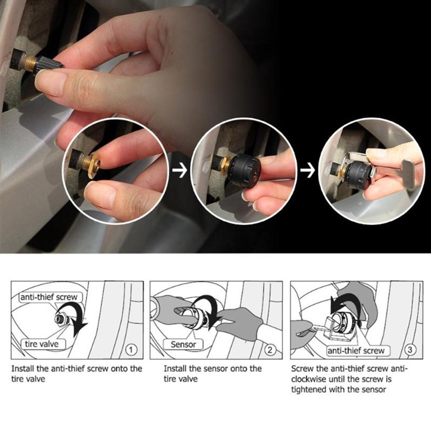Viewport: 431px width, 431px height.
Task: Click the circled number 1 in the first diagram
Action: pos(131,350)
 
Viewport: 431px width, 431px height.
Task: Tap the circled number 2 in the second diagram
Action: pos(270,350)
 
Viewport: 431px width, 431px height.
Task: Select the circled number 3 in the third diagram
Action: pos(410,350)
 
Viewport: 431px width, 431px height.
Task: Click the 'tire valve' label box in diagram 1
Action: pos(43,344)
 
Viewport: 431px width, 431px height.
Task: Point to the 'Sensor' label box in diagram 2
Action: pos(183,344)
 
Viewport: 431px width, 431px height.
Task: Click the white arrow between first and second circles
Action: pos(180,170)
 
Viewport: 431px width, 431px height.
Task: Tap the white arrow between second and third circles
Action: pos(307,170)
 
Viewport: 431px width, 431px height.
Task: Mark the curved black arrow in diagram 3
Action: pos(347,300)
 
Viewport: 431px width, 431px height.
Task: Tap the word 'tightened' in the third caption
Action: pos(308,390)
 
